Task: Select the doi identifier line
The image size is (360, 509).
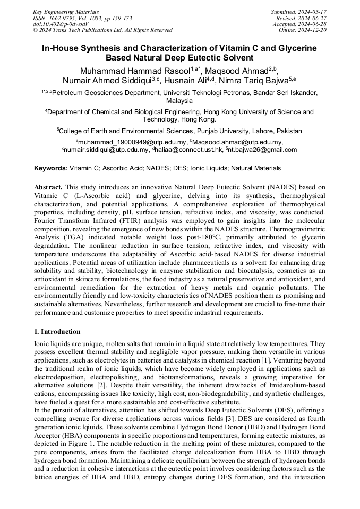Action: click(60, 24)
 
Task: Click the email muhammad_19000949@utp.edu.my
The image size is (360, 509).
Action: click(132, 142)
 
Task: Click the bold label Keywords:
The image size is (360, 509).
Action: click(51, 168)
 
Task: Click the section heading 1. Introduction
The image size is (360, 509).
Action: click(57, 331)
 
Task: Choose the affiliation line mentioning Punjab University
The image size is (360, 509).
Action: click(180, 131)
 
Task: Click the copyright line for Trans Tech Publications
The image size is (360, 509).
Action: click(102, 30)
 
